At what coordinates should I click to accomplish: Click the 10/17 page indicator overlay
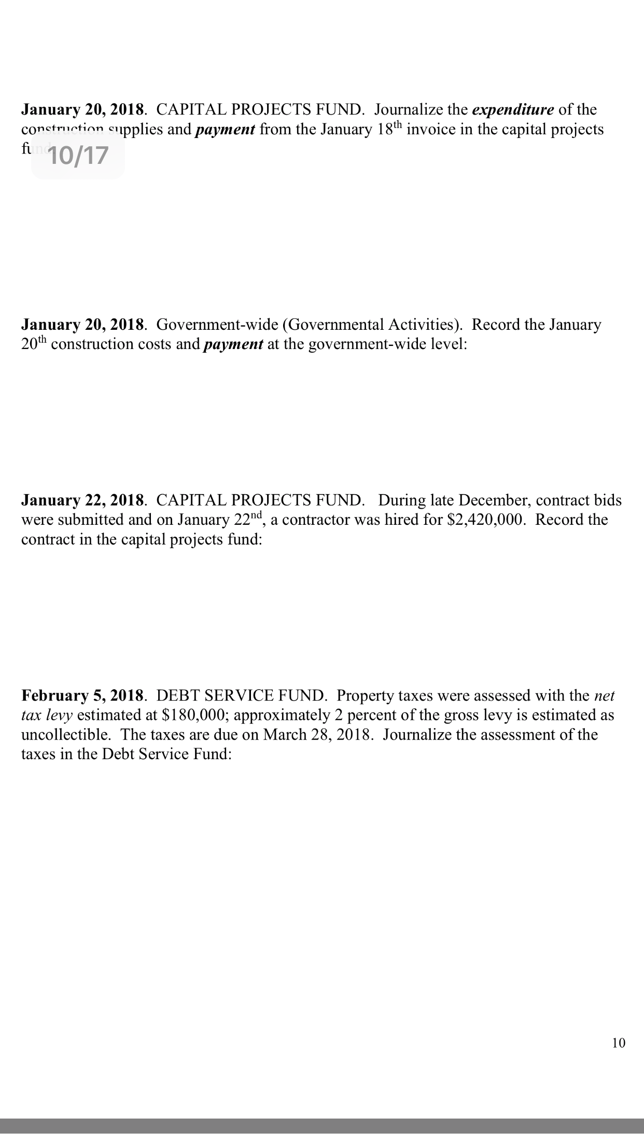pyautogui.click(x=78, y=156)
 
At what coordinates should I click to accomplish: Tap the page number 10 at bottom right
pyautogui.click(x=619, y=1042)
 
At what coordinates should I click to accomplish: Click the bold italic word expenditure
pyautogui.click(x=513, y=110)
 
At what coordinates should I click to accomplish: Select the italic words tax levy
pyautogui.click(x=47, y=715)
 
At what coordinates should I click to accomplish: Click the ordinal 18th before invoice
pyautogui.click(x=388, y=129)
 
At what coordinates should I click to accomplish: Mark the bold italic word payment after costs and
pyautogui.click(x=233, y=345)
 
